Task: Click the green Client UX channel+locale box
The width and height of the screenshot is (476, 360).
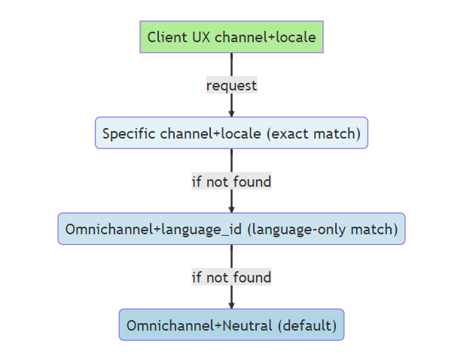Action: pos(231,37)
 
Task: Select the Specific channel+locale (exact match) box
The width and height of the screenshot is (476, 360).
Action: pos(231,133)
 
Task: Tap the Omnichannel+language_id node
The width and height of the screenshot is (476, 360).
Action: pos(231,229)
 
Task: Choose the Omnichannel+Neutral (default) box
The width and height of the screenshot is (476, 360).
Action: pos(231,325)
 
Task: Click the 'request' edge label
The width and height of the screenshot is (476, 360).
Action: pos(231,85)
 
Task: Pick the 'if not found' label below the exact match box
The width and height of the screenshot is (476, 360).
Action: pos(231,182)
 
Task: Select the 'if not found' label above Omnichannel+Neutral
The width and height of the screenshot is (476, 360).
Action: pos(231,277)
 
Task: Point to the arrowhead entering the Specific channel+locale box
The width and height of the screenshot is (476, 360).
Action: pos(231,112)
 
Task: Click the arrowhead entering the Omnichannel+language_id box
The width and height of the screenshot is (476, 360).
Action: pos(231,209)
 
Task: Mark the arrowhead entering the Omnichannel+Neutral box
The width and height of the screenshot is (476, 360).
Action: pos(231,304)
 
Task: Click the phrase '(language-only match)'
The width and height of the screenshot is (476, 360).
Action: pos(322,230)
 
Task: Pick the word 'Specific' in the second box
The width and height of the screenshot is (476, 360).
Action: pos(129,134)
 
